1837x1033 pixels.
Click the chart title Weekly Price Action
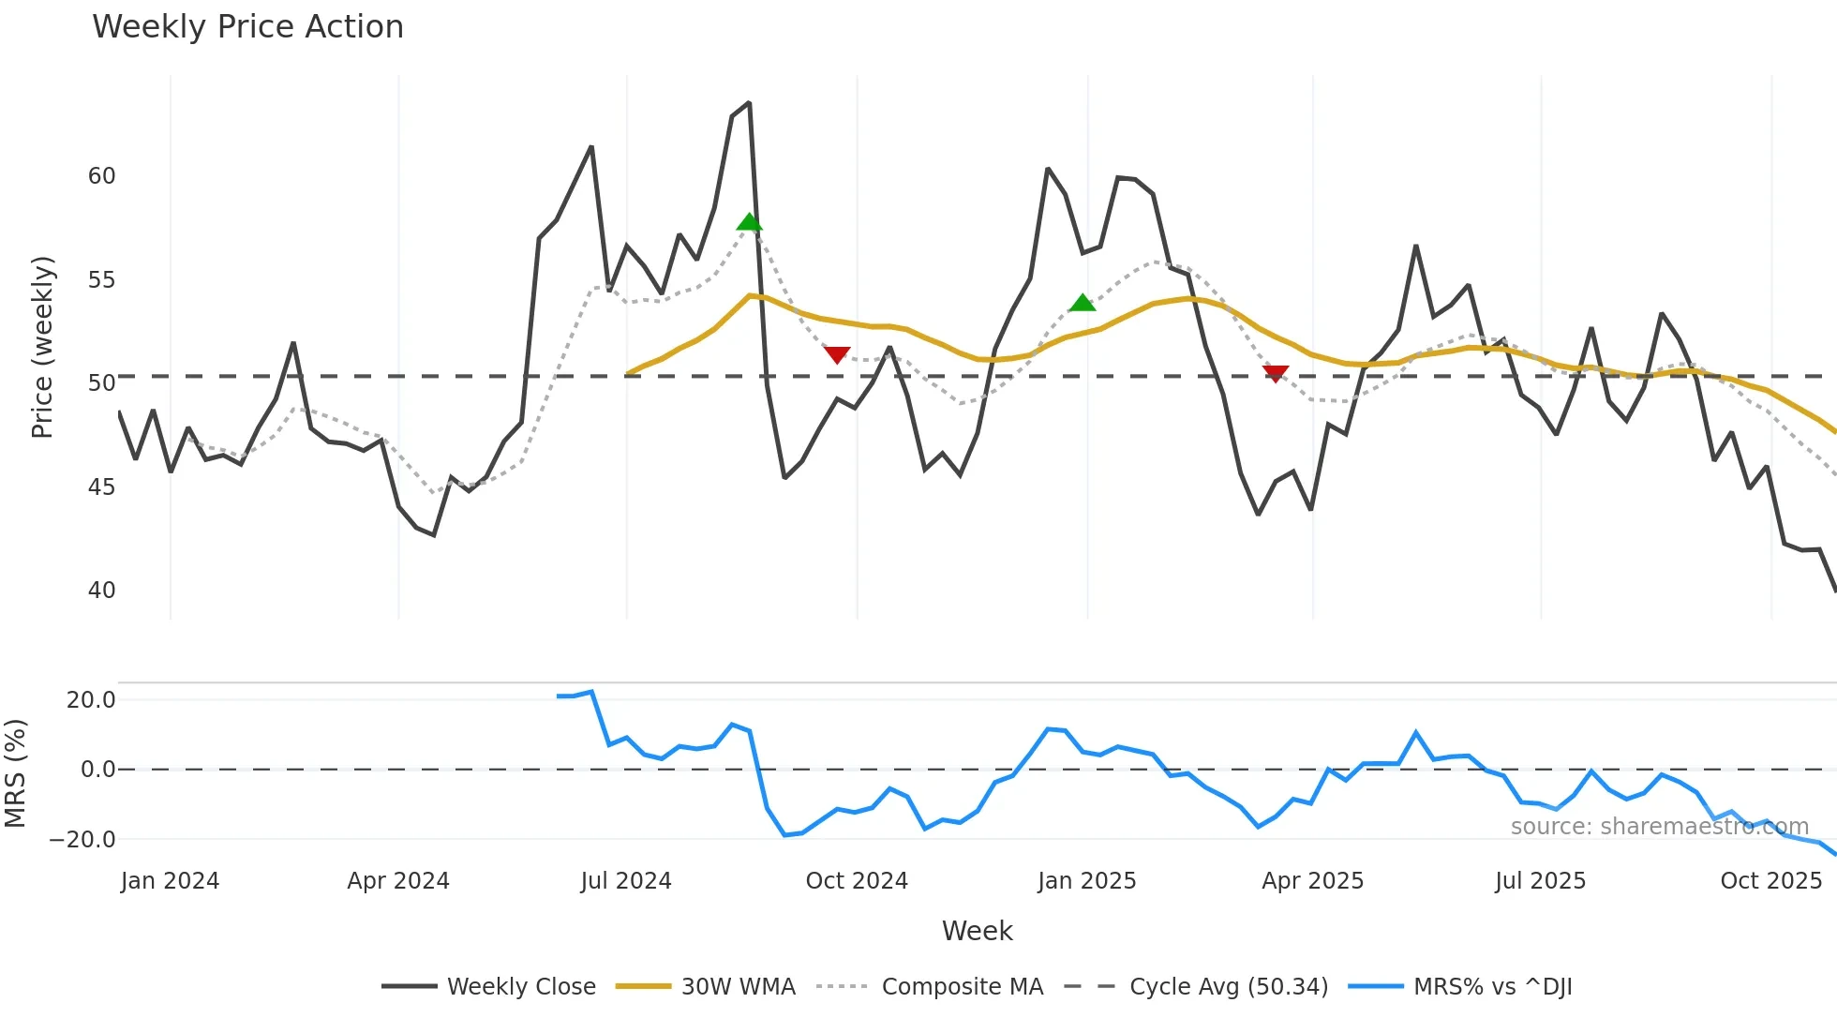(247, 26)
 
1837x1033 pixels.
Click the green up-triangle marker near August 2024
(749, 222)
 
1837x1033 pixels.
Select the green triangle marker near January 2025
(1083, 303)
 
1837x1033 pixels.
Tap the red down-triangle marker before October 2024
(837, 354)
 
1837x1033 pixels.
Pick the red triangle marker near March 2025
(1276, 373)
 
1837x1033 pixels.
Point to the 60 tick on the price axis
(101, 176)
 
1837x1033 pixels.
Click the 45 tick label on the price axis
(101, 487)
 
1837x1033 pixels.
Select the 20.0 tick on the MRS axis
(91, 700)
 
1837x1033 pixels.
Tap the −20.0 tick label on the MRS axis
(82, 840)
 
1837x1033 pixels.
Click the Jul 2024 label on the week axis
(626, 881)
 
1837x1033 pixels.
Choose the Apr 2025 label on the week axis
(1312, 881)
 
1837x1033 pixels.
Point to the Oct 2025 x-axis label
(1770, 881)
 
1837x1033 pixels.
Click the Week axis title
(977, 931)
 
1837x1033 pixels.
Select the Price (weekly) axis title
(42, 347)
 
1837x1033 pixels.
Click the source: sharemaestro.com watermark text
(1659, 827)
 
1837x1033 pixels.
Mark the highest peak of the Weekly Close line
(749, 103)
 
